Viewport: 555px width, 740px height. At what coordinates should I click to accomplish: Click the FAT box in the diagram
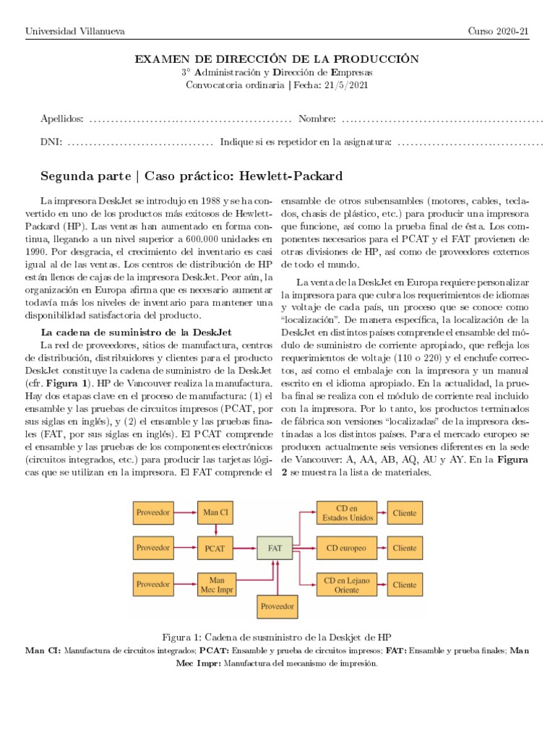coord(275,548)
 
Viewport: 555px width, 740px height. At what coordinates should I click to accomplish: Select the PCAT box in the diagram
coord(215,548)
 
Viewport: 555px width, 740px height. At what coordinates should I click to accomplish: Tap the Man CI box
coord(215,513)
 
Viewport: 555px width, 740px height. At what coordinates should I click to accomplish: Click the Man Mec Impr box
coord(215,584)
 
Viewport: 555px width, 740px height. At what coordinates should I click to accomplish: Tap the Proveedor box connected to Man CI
coord(152,513)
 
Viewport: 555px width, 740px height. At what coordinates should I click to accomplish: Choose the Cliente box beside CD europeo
coord(405,548)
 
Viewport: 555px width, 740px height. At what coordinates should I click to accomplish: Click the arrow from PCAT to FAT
coord(246,548)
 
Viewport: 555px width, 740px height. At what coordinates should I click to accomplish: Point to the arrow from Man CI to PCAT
coord(215,530)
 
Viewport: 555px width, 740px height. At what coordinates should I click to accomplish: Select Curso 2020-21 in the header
coord(498,31)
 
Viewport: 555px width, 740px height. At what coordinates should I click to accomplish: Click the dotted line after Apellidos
coord(189,119)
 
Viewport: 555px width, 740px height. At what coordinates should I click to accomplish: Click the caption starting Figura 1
coord(277,637)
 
